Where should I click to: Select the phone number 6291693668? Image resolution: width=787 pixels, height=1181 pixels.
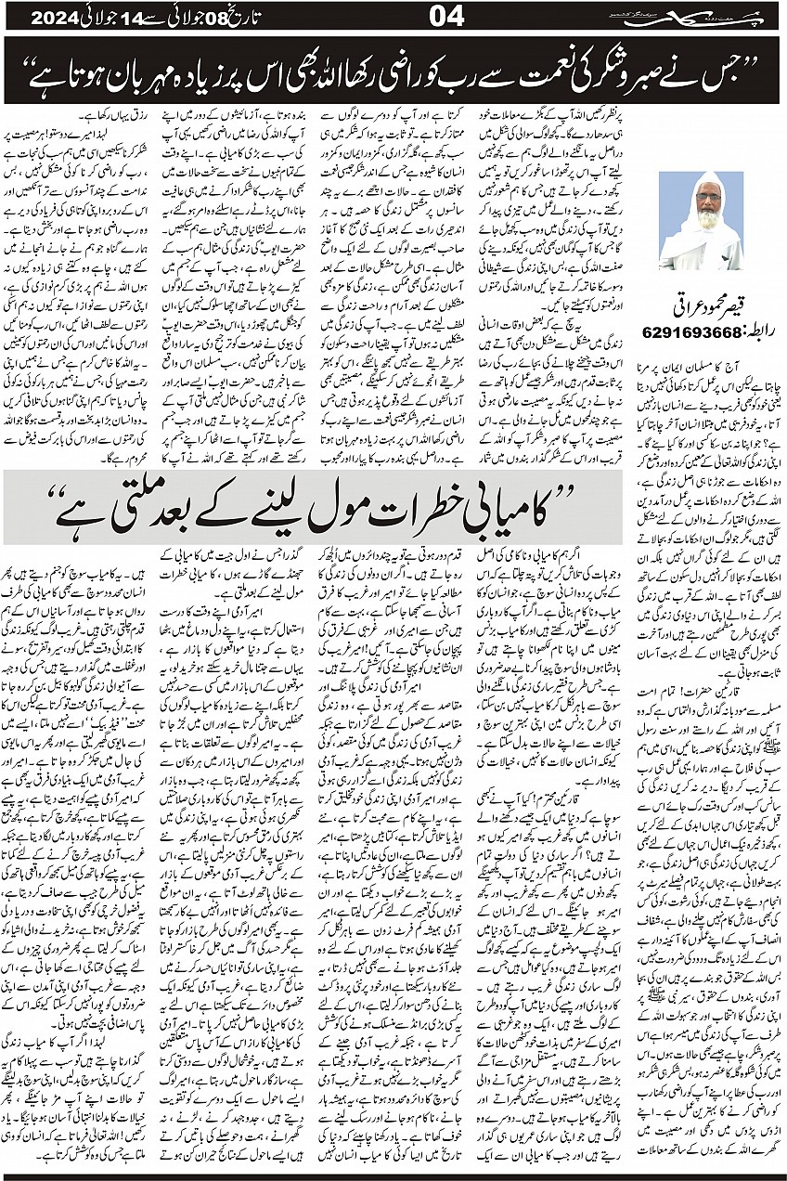coord(693,331)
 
